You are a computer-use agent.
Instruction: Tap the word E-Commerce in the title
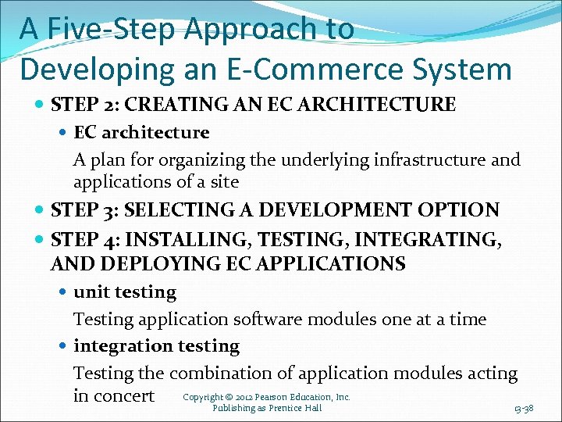pyautogui.click(x=337, y=69)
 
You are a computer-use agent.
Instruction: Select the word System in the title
pyautogui.click(x=468, y=69)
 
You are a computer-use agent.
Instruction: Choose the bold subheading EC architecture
pyautogui.click(x=141, y=133)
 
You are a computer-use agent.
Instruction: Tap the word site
pyautogui.click(x=224, y=182)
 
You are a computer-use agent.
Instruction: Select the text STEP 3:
pyautogui.click(x=84, y=210)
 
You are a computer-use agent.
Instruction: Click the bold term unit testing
pyautogui.click(x=125, y=292)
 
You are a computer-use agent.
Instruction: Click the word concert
pyautogui.click(x=125, y=395)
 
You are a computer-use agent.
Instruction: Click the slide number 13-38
pyautogui.click(x=524, y=409)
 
